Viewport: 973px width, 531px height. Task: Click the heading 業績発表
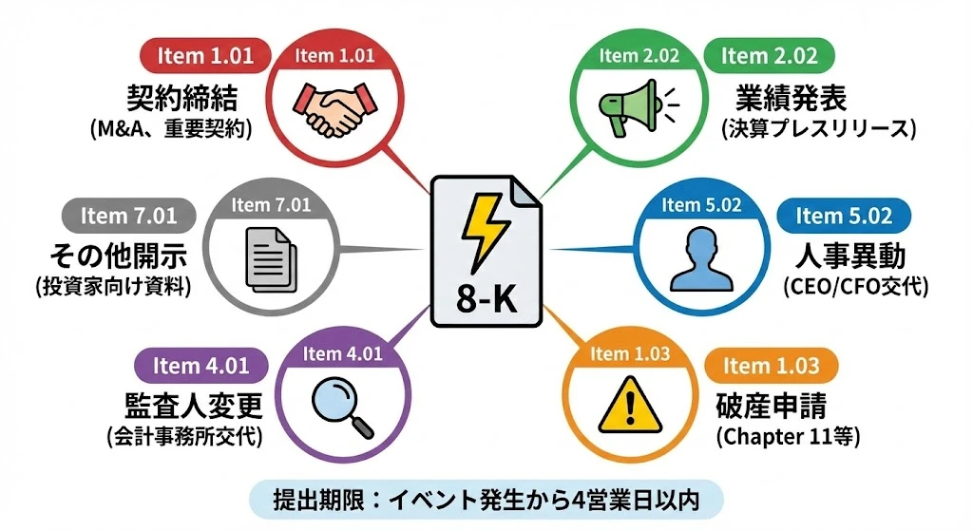point(792,97)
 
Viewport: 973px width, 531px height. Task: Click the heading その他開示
point(119,254)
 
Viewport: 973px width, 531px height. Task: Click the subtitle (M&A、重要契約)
point(171,128)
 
